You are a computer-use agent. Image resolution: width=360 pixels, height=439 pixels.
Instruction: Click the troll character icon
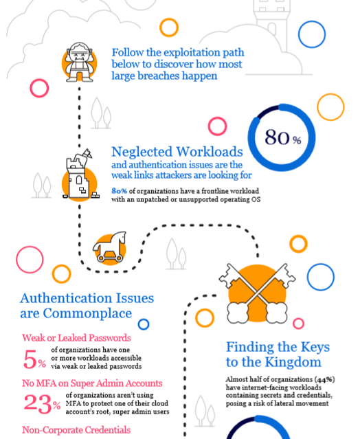(x=79, y=62)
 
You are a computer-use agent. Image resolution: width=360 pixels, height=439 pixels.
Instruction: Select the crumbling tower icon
(x=80, y=175)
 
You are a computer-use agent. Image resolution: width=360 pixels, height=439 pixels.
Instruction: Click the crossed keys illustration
(x=257, y=293)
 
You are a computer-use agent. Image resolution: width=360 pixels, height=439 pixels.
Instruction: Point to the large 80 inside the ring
(x=277, y=137)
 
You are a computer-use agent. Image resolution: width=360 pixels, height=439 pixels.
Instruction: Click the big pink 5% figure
(x=34, y=359)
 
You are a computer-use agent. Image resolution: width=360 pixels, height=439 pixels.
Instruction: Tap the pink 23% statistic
(x=42, y=404)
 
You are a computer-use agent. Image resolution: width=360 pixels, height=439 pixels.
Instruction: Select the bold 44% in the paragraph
(x=325, y=380)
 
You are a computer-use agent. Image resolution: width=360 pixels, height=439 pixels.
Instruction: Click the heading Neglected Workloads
(x=177, y=152)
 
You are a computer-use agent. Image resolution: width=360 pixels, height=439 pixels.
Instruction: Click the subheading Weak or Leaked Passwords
(x=76, y=337)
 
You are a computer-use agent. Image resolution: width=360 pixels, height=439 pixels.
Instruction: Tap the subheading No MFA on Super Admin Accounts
(x=92, y=383)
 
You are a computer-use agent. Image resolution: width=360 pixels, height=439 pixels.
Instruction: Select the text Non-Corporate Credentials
(x=76, y=430)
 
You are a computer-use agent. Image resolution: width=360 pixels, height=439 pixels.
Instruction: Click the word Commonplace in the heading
(x=87, y=313)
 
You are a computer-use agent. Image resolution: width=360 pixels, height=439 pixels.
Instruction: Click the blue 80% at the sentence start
(x=119, y=191)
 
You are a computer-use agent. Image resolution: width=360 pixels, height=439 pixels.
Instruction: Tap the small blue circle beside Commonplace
(x=144, y=324)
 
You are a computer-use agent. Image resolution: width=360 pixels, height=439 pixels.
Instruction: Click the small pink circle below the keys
(x=298, y=324)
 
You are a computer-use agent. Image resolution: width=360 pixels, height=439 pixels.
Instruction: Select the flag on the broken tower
(x=87, y=153)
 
